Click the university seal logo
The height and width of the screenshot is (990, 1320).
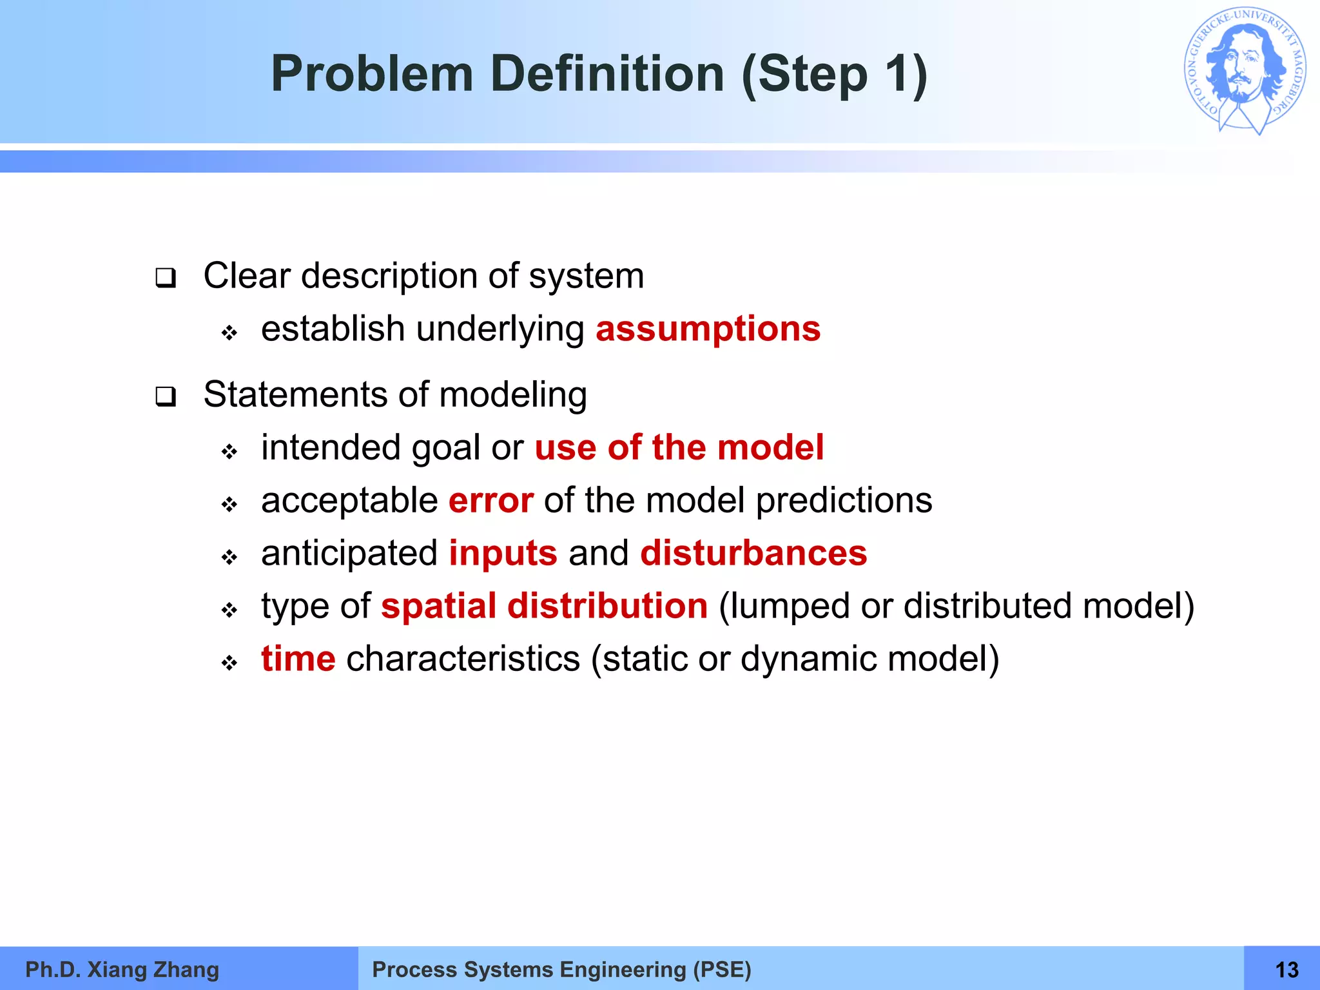click(x=1245, y=71)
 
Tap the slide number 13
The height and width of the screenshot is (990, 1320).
click(x=1286, y=969)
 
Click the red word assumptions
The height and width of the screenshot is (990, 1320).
click(x=708, y=329)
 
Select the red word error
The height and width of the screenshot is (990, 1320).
click(x=490, y=500)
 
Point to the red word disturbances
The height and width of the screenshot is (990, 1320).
click(x=753, y=553)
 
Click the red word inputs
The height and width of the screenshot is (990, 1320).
click(x=503, y=553)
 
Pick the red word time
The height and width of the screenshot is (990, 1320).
click(x=298, y=659)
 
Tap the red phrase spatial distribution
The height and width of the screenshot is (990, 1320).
click(x=544, y=606)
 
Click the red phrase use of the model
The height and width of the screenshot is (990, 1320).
click(x=679, y=447)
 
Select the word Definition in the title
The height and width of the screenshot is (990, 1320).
click(x=607, y=73)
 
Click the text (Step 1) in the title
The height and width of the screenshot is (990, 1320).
click(x=834, y=73)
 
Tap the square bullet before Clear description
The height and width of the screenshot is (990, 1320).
click(x=166, y=278)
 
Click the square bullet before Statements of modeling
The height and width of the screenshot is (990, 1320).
click(x=166, y=397)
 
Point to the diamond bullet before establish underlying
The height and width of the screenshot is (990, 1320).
click(x=229, y=333)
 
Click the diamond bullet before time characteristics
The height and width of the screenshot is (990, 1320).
click(x=229, y=663)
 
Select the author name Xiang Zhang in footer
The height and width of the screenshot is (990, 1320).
click(x=153, y=969)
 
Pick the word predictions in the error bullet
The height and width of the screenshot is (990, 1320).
click(x=844, y=500)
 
